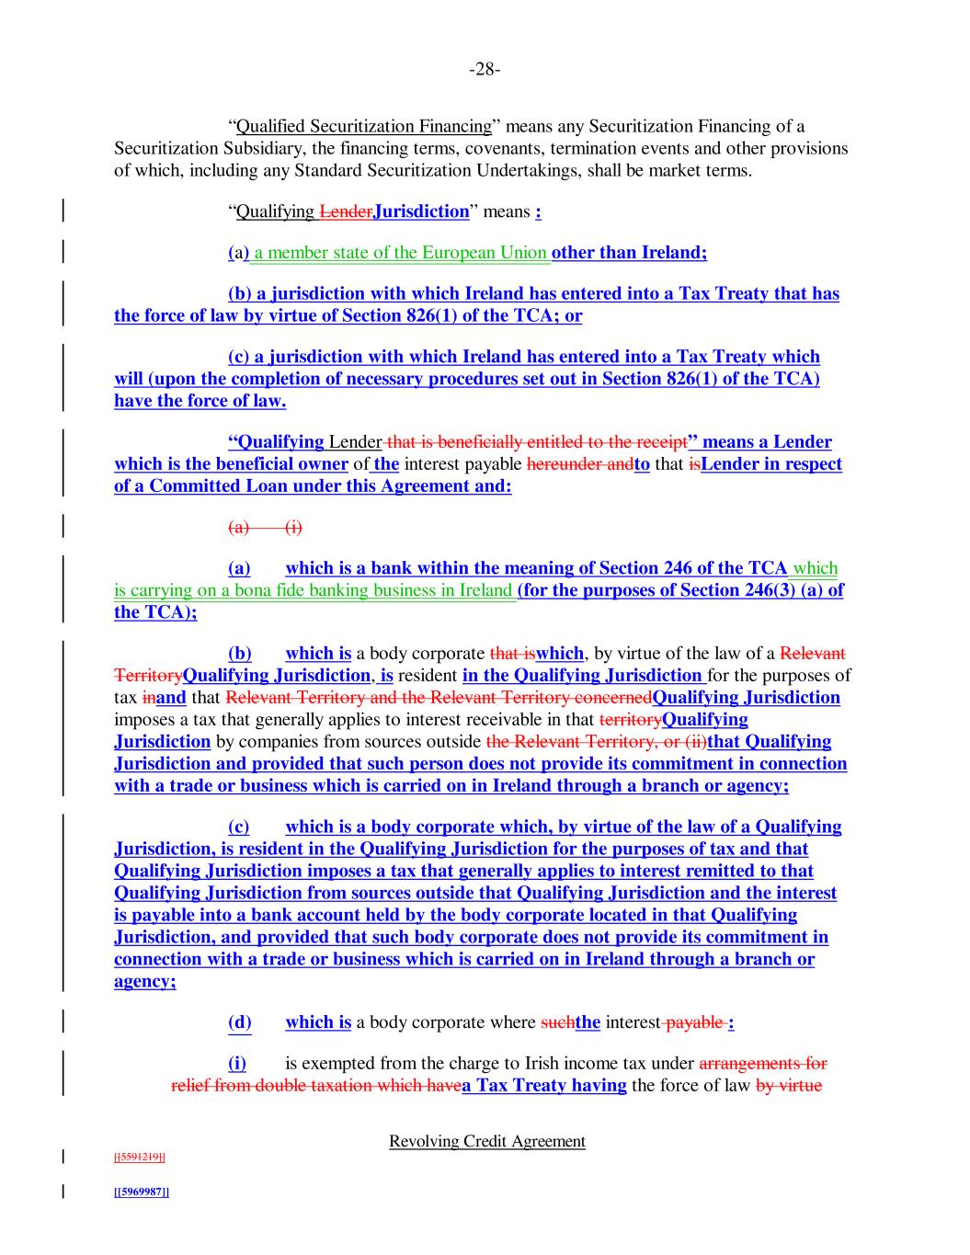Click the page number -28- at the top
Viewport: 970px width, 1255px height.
(x=485, y=70)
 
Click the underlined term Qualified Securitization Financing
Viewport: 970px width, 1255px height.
(x=364, y=127)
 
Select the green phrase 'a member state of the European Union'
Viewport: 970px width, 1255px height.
(x=402, y=253)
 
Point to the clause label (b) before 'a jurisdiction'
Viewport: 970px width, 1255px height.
(x=240, y=294)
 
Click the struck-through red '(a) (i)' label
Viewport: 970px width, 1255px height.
(x=265, y=527)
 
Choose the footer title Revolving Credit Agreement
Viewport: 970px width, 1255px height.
(x=486, y=1141)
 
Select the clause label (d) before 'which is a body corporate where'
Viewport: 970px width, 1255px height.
(x=239, y=1022)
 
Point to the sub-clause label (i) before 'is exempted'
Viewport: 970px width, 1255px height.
(x=237, y=1064)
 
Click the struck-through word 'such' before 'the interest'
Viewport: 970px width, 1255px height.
(x=557, y=1022)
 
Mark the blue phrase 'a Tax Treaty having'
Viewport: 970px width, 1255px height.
(x=544, y=1086)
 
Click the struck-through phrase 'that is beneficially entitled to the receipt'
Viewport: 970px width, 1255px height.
(x=536, y=442)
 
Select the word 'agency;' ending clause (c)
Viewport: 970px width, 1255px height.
(x=145, y=982)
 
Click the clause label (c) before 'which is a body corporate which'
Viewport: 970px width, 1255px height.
(x=238, y=827)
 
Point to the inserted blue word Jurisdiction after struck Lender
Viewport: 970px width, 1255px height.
(x=421, y=212)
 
